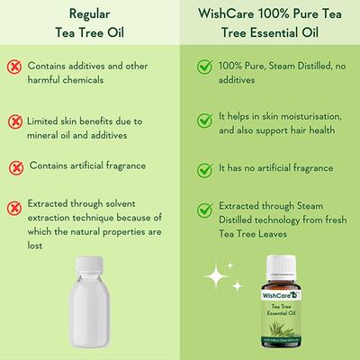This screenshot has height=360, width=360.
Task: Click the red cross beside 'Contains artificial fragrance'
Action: point(15,168)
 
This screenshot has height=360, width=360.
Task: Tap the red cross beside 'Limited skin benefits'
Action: point(15,121)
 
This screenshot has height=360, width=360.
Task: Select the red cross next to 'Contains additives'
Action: point(15,69)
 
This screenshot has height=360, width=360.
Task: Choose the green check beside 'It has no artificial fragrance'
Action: point(205,168)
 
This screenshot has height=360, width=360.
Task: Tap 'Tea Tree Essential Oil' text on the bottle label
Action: point(282,314)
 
